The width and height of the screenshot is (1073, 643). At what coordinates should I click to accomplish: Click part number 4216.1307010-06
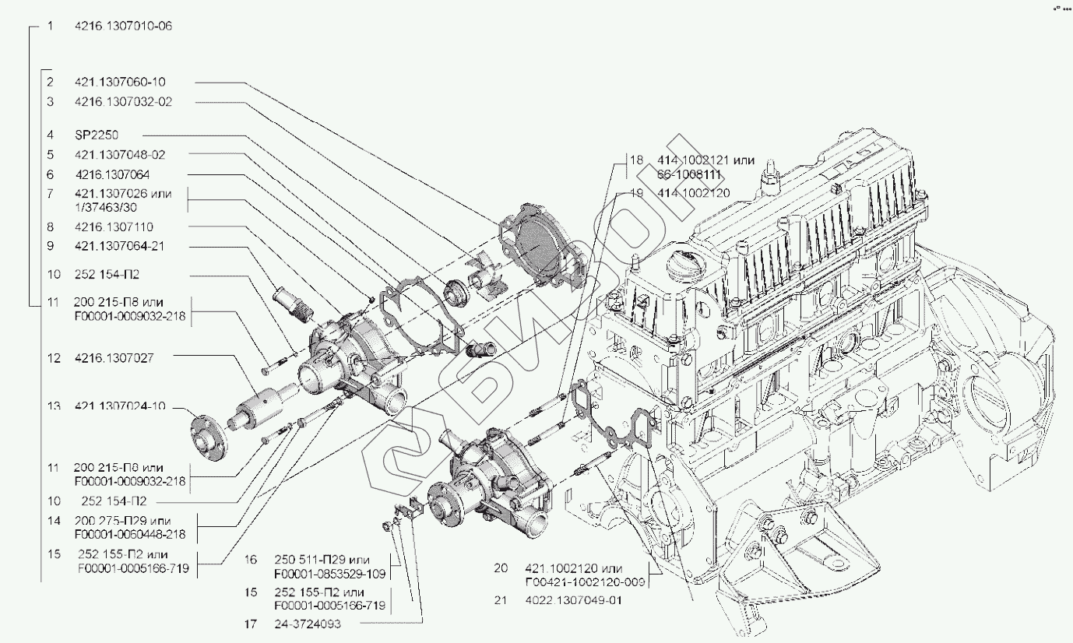(123, 26)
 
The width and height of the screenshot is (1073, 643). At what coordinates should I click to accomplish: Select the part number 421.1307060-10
(120, 82)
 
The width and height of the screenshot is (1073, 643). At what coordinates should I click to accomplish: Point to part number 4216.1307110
(114, 227)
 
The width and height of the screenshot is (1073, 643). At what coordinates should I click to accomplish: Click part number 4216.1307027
(114, 358)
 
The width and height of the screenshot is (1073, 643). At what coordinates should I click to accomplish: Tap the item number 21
(501, 600)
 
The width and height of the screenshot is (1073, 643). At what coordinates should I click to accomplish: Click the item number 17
(250, 624)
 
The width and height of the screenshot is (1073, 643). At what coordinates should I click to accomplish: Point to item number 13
(53, 407)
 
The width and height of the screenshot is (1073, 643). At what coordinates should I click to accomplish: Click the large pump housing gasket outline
(420, 311)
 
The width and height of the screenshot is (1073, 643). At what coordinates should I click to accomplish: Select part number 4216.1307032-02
(123, 102)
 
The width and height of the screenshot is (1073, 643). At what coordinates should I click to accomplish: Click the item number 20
(501, 567)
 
